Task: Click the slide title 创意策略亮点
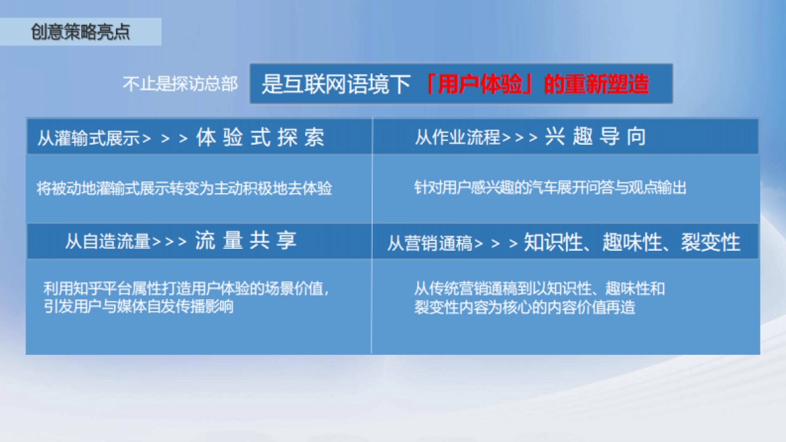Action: click(80, 32)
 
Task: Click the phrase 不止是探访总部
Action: click(180, 84)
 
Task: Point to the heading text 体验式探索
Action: click(260, 138)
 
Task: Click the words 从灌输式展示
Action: click(89, 138)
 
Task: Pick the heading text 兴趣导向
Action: click(595, 137)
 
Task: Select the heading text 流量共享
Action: click(246, 241)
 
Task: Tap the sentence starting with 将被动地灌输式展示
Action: click(185, 189)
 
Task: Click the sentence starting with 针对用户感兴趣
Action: click(550, 189)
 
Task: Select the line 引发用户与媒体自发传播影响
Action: click(138, 306)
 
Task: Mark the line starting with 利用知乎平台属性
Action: click(185, 288)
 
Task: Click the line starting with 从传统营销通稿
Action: click(539, 289)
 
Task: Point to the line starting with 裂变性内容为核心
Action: click(524, 307)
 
